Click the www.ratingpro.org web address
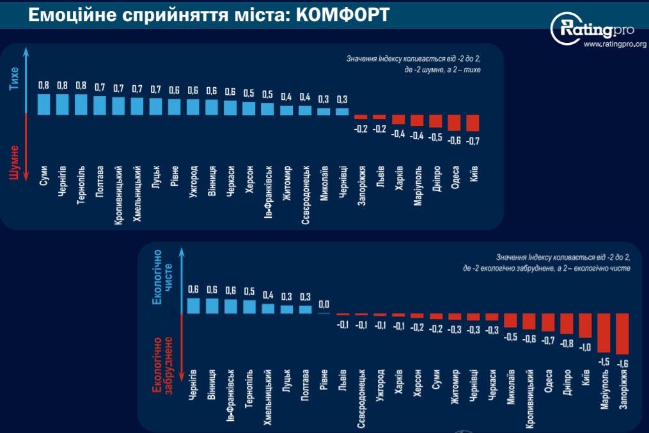pos(614,44)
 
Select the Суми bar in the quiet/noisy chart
pos(43,104)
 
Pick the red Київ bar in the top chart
pos(473,123)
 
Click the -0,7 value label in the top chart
pos(474,141)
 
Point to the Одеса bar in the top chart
pos(455,122)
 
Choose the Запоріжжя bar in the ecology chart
pos(622,334)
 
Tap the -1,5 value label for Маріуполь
pos(604,361)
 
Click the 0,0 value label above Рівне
pos(324,304)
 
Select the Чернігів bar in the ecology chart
pos(193,306)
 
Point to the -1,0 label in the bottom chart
pos(585,347)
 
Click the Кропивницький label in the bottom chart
pos(529,397)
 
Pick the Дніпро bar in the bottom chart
pos(567,323)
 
